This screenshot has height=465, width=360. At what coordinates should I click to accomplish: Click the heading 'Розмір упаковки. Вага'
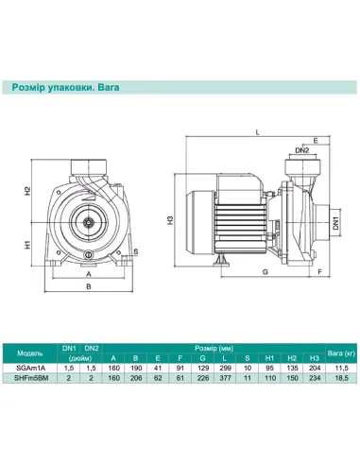pos(65,87)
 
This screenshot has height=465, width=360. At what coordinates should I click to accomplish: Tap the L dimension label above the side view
pos(258,132)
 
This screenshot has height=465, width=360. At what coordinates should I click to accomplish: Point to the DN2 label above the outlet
pos(301,150)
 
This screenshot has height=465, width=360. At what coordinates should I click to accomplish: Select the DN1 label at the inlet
pos(335,223)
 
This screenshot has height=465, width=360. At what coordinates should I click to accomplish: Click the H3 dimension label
pos(170,220)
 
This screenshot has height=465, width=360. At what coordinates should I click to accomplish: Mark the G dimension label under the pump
pos(266,271)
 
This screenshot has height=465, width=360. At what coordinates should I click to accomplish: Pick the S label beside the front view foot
pos(136,251)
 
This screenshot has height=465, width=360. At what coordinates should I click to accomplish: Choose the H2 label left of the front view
pos(28,191)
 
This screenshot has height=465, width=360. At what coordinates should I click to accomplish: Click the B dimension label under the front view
pos(89,286)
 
